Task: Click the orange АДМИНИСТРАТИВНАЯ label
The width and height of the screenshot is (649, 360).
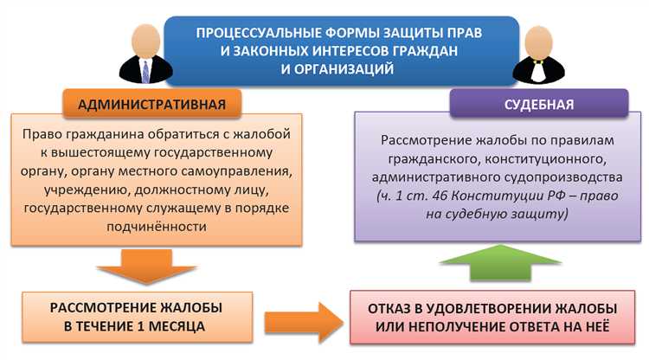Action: click(152, 105)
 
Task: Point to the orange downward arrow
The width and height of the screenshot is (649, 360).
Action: click(151, 263)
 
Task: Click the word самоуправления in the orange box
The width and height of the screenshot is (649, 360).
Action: click(242, 171)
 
